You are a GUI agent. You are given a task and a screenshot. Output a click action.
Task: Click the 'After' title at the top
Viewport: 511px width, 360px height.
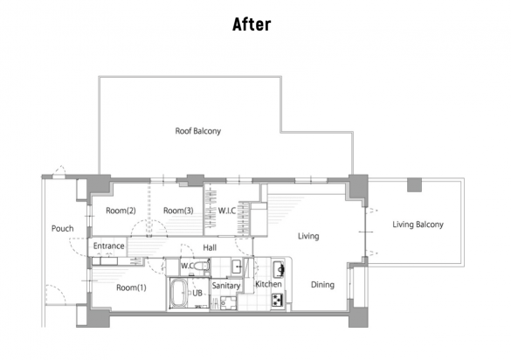[252, 24]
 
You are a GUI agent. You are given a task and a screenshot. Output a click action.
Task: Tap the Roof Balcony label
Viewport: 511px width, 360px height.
[198, 131]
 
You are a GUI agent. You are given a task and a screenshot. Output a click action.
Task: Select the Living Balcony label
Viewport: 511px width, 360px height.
[418, 225]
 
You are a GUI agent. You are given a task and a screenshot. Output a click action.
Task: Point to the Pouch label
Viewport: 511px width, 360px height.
[63, 228]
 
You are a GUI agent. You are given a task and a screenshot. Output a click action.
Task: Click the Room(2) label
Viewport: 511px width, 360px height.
[121, 211]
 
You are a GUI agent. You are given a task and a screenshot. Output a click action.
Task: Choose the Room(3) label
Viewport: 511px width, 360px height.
[178, 211]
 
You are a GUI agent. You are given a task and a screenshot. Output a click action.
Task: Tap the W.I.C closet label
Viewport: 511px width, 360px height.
[227, 211]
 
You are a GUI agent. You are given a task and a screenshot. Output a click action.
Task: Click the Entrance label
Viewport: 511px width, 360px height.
[109, 246]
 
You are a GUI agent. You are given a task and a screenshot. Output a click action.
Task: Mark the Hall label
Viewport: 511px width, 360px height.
[210, 248]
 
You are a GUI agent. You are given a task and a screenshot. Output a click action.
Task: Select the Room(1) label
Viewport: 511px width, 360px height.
[131, 287]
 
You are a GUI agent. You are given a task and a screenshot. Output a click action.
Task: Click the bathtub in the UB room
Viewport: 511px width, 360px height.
[179, 293]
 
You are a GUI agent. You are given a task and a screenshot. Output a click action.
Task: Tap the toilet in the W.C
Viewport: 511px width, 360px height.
[202, 266]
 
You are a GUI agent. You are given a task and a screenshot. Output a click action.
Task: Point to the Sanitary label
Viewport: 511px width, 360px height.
[226, 286]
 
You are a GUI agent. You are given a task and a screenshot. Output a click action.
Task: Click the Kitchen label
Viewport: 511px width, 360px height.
[268, 284]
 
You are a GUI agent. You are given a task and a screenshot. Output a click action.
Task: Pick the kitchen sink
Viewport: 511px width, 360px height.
[279, 269]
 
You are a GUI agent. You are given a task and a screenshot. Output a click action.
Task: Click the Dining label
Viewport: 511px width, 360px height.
[322, 285]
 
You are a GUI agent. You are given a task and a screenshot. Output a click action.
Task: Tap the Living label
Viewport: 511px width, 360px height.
[308, 236]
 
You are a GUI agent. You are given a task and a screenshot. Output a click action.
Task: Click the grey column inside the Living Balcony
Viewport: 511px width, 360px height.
[414, 184]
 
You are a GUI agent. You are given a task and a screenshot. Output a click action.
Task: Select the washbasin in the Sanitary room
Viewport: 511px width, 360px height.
[237, 267]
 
